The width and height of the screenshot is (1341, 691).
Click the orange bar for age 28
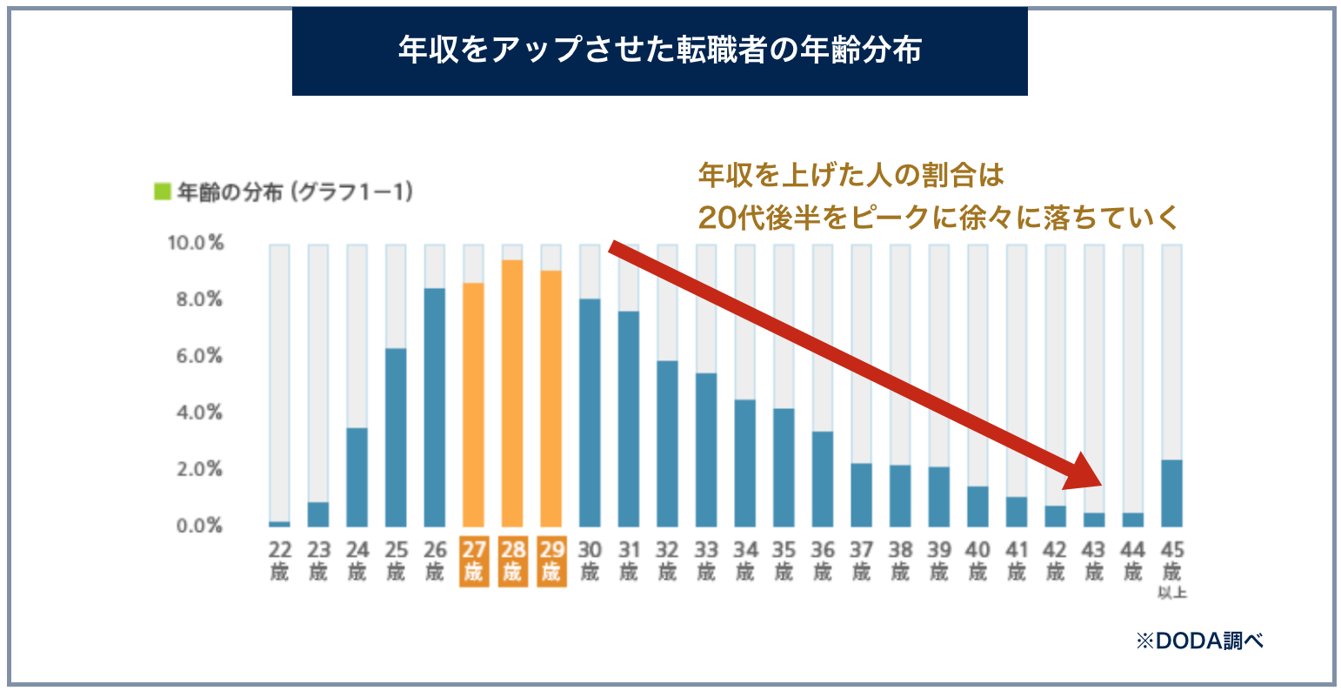tap(512, 393)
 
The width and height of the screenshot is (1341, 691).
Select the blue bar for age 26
tap(435, 407)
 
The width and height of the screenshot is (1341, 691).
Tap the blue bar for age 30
tap(590, 413)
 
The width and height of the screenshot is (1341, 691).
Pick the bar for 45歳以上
tap(1171, 493)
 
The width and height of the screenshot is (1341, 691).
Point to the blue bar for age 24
tap(357, 477)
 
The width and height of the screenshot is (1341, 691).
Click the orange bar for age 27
tap(473, 405)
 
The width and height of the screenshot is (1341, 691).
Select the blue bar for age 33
tap(706, 450)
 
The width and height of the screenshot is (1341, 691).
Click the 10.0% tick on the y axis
tap(196, 243)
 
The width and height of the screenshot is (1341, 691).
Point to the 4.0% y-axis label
tap(196, 413)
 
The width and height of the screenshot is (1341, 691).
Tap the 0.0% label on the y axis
tap(196, 526)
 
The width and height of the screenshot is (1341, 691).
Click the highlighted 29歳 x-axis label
tap(551, 561)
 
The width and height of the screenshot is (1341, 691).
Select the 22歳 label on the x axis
tap(279, 561)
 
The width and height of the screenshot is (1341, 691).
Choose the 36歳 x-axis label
tap(823, 561)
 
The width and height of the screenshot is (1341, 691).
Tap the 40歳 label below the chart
tap(977, 561)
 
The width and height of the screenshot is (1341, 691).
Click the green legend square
tap(162, 191)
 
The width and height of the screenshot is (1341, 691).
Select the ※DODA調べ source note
tap(1199, 641)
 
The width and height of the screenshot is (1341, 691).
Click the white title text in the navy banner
tap(659, 51)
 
